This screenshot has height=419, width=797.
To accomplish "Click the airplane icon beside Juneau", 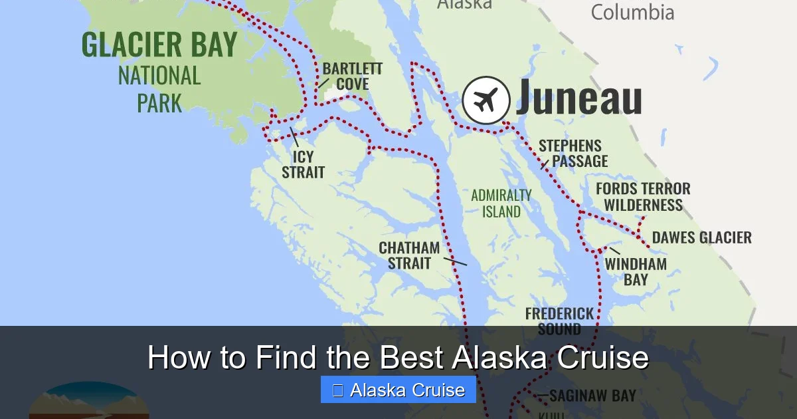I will click(486, 100).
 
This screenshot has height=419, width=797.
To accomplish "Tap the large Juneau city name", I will click(578, 98).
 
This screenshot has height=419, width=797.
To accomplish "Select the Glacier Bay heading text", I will click(159, 45).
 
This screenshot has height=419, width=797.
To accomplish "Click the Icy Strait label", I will click(303, 164).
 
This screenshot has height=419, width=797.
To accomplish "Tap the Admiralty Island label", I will click(501, 204).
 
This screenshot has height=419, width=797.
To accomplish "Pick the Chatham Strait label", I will click(409, 255).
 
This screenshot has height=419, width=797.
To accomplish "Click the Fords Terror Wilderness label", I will click(643, 197).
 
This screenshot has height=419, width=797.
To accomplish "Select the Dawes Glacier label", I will click(702, 237).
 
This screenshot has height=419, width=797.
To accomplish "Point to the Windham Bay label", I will click(635, 271).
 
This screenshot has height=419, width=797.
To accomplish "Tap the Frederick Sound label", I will click(560, 321).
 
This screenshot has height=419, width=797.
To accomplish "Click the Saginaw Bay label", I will click(592, 396).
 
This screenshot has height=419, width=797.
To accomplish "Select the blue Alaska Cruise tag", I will click(398, 390).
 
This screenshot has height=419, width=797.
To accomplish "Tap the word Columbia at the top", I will click(632, 12).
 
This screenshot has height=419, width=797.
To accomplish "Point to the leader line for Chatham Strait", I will click(455, 261).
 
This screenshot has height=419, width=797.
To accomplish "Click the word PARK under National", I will click(159, 103).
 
